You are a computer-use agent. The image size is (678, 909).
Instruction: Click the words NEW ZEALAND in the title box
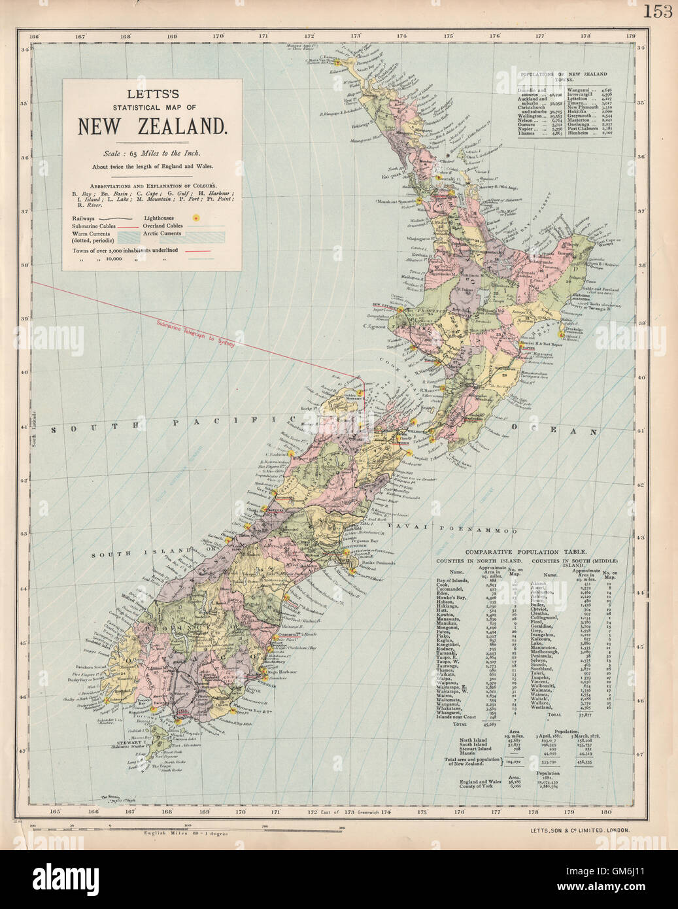(152, 126)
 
